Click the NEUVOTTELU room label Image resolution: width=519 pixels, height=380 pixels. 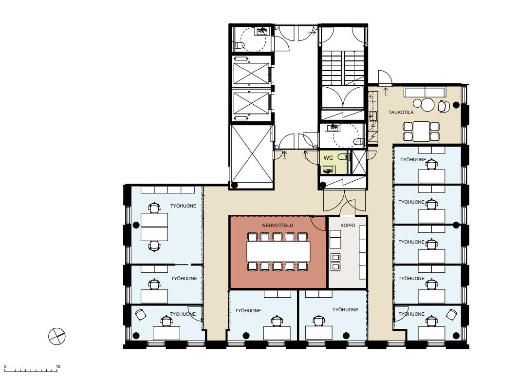(x=278, y=225)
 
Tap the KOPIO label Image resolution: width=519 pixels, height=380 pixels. (x=348, y=225)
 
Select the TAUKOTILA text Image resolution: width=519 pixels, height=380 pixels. (x=401, y=113)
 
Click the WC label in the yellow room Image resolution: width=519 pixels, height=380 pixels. (x=328, y=158)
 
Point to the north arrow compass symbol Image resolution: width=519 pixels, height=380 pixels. (x=57, y=336)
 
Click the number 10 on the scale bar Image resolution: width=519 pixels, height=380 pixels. (x=58, y=366)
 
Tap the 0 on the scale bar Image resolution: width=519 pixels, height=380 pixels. (x=5, y=366)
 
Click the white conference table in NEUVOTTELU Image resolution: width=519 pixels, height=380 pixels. (x=278, y=251)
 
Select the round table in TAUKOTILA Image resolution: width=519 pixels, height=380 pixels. (x=427, y=105)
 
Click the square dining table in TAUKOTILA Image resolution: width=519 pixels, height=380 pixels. (x=421, y=131)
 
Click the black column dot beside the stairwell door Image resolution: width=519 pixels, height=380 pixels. (x=322, y=185)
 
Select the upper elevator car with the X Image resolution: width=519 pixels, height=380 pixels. (x=251, y=73)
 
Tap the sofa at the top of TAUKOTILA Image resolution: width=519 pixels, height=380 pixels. (x=425, y=92)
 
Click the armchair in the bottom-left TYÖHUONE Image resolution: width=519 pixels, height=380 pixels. (x=141, y=314)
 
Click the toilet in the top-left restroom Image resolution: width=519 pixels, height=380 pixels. (x=240, y=45)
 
